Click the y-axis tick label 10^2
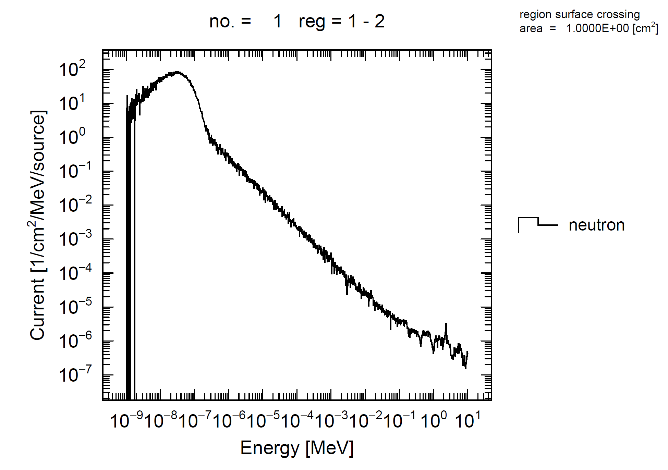coord(72,69)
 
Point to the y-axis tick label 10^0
coord(72,137)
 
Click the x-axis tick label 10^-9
coord(126,420)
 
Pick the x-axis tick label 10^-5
coord(263,420)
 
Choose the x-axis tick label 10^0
coord(434,420)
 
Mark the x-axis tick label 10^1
coord(468,420)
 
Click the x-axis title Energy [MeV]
coord(297,448)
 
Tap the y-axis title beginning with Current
coord(38,225)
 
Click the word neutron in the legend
coord(597,225)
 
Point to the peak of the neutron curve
coord(178,72)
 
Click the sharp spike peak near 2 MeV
coord(446,324)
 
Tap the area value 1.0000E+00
coord(597,28)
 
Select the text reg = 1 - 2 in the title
coord(341,21)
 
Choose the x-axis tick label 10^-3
coord(331,420)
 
